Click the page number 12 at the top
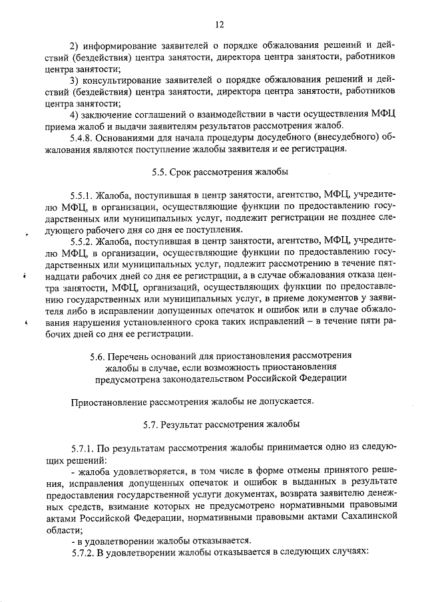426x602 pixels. click(219, 25)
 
